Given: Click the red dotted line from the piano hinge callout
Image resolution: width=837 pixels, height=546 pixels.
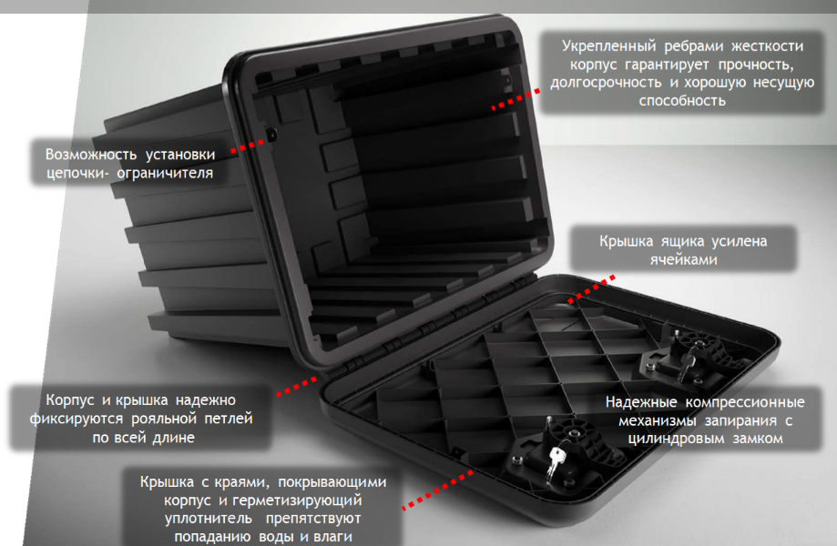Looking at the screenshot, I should (x=297, y=388).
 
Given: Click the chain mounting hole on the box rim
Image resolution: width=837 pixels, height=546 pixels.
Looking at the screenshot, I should (x=271, y=136).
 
